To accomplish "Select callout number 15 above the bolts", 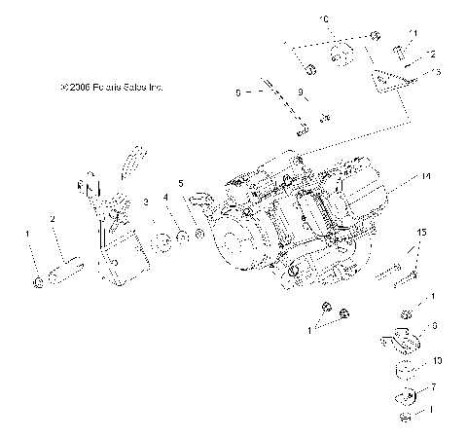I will [421, 259].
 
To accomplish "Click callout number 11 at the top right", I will [413, 33].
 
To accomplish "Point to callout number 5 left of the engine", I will [180, 183].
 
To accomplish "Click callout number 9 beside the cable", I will [302, 94].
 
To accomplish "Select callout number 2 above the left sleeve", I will [53, 219].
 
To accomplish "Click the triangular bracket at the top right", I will [390, 79].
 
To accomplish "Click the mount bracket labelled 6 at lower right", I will [404, 342].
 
